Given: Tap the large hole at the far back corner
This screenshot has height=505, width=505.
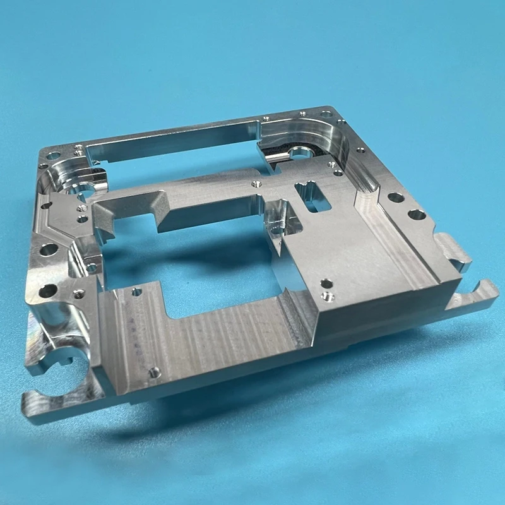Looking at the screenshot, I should [x=326, y=115].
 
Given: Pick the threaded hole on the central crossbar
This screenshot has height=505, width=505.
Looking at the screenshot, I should [x=256, y=184].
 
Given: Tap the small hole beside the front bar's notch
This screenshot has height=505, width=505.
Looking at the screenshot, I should [x=136, y=292].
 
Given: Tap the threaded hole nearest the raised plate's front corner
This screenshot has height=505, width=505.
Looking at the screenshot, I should [x=328, y=295].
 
